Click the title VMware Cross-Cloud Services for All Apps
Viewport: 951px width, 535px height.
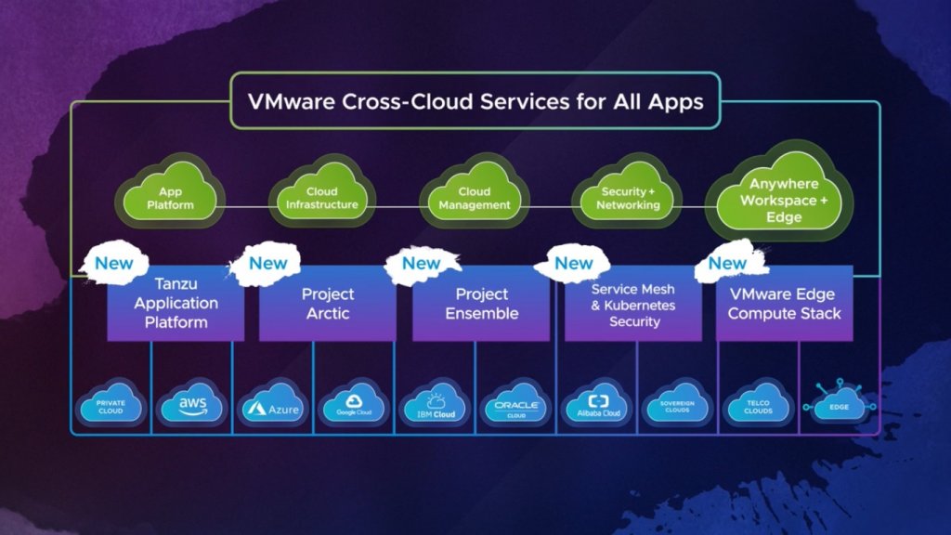tap(475, 101)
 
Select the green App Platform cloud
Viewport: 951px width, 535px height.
tap(170, 198)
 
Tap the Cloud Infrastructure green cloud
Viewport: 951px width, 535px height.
tap(321, 198)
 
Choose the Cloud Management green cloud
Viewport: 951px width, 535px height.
tap(475, 198)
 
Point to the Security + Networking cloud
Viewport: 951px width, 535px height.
tap(628, 198)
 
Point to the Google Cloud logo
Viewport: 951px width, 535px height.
tap(353, 406)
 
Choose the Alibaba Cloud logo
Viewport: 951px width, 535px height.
tap(595, 406)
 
